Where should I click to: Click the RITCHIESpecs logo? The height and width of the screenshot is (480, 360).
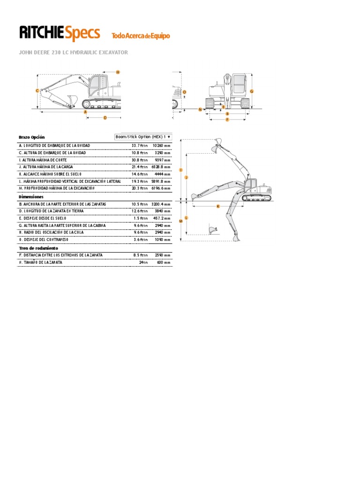(59, 33)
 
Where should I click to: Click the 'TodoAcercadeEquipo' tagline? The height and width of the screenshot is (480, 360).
(140, 36)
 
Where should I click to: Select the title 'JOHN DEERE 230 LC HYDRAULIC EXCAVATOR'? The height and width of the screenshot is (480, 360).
(73, 52)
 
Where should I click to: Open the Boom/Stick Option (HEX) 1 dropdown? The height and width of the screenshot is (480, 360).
(143, 137)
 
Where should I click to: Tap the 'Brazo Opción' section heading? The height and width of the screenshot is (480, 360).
(31, 137)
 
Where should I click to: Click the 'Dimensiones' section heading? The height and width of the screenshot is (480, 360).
(31, 197)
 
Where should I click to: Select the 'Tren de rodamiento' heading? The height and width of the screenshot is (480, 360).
(38, 247)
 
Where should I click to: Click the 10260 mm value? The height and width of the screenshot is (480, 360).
(162, 146)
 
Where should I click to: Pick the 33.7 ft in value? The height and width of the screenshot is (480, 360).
(140, 146)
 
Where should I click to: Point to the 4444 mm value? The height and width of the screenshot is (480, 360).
(163, 174)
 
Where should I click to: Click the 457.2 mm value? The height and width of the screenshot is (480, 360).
(162, 218)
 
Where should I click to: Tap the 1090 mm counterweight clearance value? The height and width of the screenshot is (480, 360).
(163, 240)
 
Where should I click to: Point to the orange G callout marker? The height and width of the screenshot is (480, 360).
(252, 91)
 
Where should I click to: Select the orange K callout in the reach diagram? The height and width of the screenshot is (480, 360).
(218, 206)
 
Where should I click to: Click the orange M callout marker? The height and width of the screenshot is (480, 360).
(180, 221)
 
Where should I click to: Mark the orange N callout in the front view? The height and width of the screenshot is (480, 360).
(200, 109)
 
